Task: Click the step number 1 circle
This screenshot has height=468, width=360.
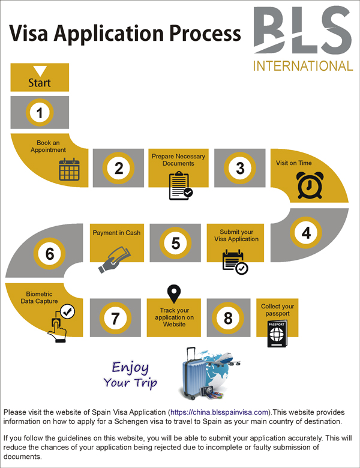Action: (40, 112)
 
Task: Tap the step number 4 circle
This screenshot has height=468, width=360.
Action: (306, 232)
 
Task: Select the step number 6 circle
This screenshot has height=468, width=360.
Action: (50, 254)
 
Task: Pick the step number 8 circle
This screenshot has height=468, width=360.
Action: (228, 317)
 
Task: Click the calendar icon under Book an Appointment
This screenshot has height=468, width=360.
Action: (68, 169)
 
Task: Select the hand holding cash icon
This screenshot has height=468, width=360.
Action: (115, 256)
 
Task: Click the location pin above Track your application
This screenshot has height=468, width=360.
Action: (174, 294)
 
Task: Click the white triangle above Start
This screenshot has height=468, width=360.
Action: (40, 71)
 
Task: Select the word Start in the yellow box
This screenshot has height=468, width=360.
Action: (40, 83)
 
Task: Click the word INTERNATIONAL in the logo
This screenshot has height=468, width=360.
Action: (303, 65)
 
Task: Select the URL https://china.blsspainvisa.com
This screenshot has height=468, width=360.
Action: (220, 412)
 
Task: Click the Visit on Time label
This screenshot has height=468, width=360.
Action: (294, 163)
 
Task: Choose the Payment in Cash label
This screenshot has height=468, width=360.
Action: (116, 233)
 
